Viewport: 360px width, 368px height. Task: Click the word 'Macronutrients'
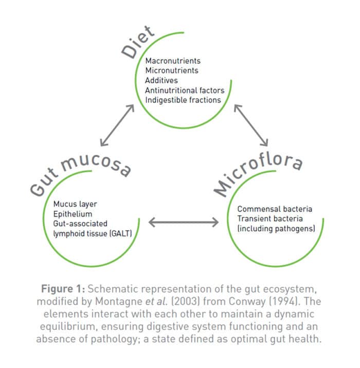pos(173,61)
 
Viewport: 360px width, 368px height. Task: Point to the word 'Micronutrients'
pos(172,71)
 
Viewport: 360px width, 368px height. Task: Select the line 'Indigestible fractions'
pos(183,100)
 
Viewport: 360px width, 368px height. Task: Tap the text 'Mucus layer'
pos(75,204)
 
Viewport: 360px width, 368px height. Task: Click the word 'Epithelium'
pos(73,214)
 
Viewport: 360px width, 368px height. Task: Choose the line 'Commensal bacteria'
pos(275,209)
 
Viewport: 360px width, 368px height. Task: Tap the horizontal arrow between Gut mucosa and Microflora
pos(184,222)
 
